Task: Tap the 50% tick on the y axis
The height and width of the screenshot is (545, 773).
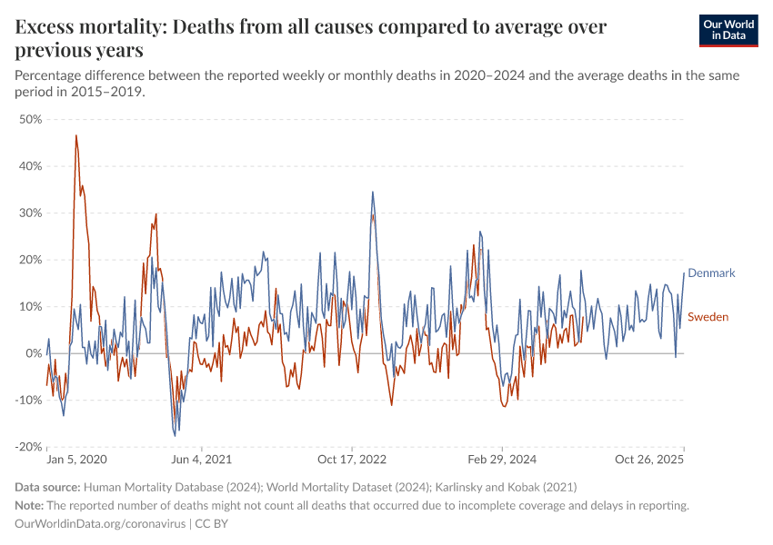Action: tap(30, 119)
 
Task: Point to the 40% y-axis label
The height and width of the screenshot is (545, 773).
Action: tap(30, 166)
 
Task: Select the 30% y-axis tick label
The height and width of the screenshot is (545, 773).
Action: tap(30, 213)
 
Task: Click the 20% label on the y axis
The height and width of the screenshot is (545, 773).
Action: tap(30, 260)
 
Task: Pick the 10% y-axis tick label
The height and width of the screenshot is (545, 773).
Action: tap(30, 307)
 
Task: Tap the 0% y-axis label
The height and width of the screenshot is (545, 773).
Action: tap(34, 353)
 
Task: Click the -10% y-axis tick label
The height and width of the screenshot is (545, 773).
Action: tap(28, 401)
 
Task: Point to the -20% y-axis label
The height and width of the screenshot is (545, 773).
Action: tap(28, 447)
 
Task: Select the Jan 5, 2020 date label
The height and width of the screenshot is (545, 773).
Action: tap(76, 460)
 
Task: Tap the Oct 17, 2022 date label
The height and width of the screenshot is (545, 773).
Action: tap(352, 460)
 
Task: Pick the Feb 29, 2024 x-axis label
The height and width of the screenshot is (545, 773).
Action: tap(503, 460)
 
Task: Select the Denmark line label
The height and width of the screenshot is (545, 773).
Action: tap(711, 272)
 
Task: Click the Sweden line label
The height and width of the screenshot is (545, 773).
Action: tap(708, 316)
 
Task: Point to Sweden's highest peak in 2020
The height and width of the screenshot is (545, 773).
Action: tap(76, 135)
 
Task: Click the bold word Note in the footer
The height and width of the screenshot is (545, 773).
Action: tap(29, 506)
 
